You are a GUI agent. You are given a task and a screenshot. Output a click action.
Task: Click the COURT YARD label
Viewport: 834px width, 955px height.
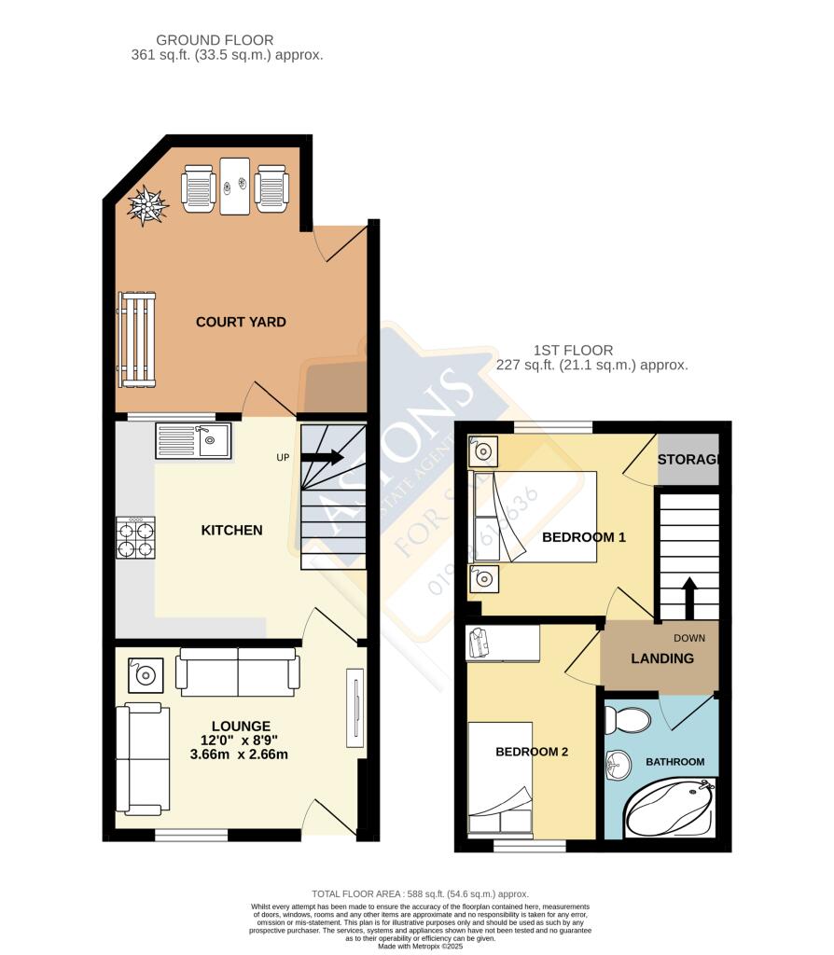click(241, 322)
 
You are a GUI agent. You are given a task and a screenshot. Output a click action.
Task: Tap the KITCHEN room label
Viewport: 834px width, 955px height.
click(232, 530)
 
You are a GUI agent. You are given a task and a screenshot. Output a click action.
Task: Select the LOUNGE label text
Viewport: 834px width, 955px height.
click(241, 726)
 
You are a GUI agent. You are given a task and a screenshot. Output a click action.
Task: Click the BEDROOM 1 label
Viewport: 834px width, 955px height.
click(584, 537)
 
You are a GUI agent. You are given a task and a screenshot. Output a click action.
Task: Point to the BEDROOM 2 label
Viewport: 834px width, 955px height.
click(531, 752)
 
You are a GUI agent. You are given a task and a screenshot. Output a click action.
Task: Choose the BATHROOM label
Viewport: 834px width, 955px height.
click(675, 762)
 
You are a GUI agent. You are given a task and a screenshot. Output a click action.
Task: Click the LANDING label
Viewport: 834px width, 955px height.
click(662, 658)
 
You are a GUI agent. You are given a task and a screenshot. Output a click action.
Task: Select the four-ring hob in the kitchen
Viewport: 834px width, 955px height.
click(135, 539)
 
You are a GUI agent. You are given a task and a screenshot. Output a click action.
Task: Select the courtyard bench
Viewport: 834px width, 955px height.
click(136, 339)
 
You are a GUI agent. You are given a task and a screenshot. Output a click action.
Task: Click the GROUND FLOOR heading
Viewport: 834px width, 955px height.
click(215, 40)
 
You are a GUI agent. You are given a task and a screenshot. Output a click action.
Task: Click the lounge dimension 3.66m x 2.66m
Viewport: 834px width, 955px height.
click(241, 754)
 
